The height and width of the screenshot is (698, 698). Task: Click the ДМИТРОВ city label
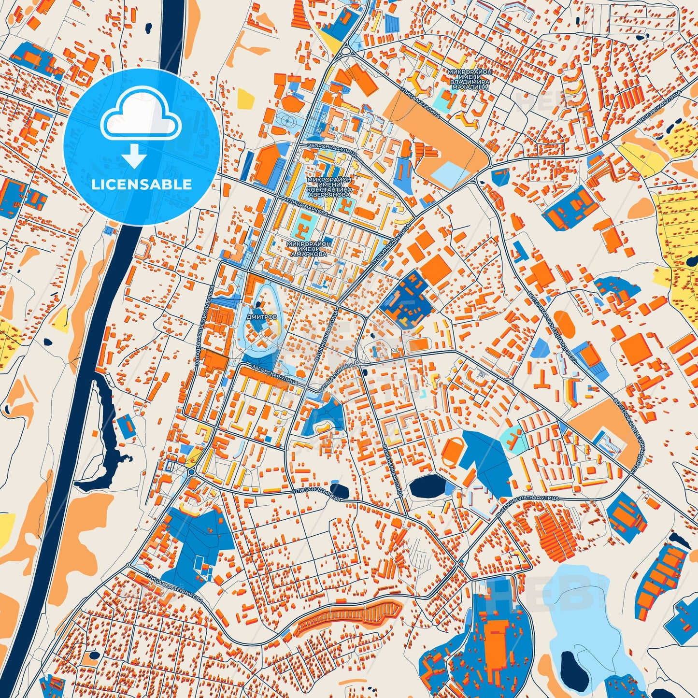coord(261,317)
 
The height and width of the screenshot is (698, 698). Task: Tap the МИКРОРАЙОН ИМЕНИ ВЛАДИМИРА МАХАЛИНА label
coord(469,80)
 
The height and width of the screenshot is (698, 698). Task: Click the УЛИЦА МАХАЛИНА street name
coord(420,102)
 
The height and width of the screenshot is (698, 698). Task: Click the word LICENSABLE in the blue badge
coord(141,185)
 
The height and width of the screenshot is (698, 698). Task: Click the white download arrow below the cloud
coord(135,156)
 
